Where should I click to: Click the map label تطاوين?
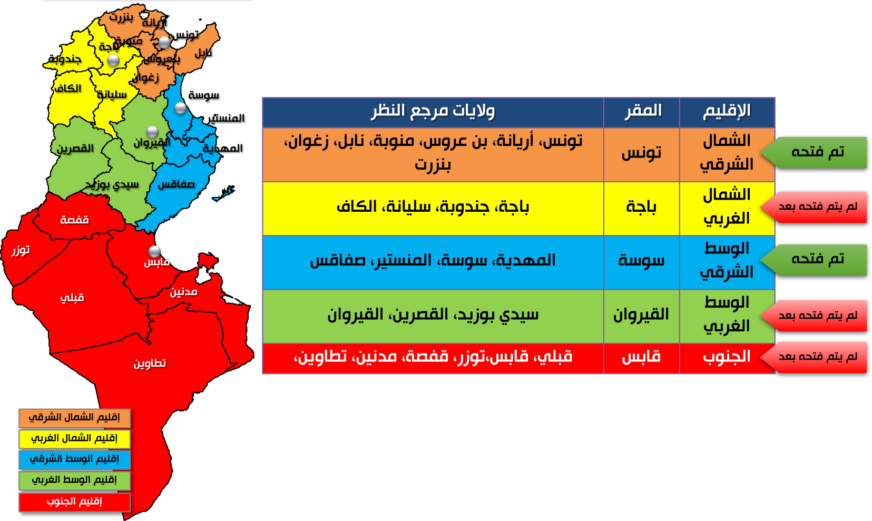coord(150,363)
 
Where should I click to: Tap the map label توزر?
coord(21,250)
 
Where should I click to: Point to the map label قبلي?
coord(72,298)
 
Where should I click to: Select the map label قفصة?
coord(74,220)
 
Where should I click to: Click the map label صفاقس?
coord(176,184)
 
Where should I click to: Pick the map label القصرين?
coord(75,148)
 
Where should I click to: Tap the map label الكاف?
coord(68,89)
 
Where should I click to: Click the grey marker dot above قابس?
coord(154,251)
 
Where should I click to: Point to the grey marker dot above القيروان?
coord(152,132)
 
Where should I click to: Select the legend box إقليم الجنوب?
coord(74,502)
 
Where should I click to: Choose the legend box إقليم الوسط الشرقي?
coord(74,459)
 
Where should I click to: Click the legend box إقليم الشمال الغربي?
coord(74,438)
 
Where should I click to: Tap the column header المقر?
coord(642,112)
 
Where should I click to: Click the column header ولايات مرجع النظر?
coord(433,112)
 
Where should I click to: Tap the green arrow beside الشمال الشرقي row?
coord(814,153)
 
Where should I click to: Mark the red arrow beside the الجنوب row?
coord(814,358)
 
